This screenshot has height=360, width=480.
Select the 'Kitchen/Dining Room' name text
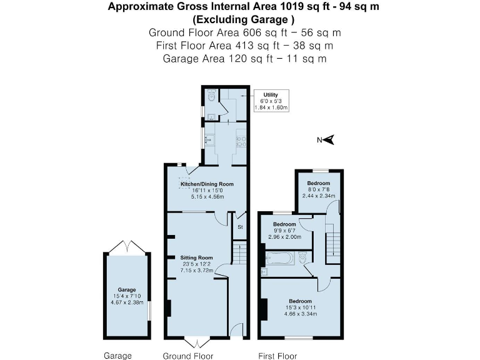(207, 184)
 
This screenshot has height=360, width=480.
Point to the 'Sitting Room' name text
(197, 257)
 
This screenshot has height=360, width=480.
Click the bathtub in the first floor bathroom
(280, 257)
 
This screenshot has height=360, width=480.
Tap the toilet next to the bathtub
(302, 257)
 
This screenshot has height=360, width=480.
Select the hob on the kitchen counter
(240, 142)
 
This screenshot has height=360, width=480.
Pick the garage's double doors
(127, 248)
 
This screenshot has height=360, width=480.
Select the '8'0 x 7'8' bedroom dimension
(319, 189)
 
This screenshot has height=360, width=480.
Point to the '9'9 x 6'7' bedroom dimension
(284, 231)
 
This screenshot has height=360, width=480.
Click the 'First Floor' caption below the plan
(278, 356)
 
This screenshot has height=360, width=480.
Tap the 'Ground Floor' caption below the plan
(188, 356)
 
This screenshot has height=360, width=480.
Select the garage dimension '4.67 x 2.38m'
(127, 302)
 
